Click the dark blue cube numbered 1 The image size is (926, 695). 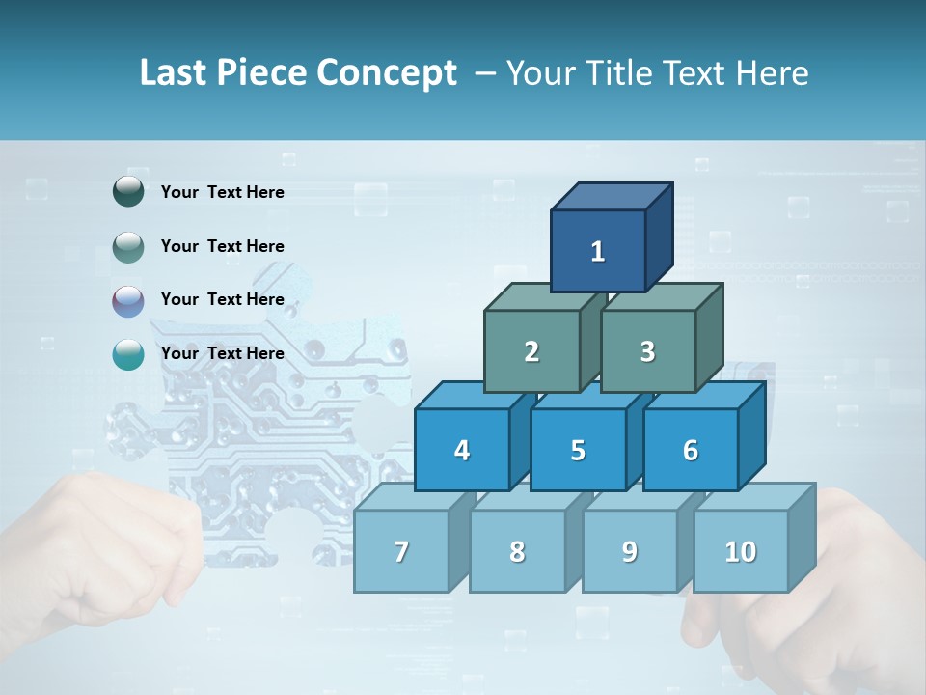598,251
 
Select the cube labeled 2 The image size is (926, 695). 531,351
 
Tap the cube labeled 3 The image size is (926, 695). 647,351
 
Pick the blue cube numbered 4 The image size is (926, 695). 462,450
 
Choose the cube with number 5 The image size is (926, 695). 578,450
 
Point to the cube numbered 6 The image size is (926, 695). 690,450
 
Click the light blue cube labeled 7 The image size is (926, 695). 401,551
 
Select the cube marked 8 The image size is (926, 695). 517,551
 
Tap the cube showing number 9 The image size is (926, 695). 629,551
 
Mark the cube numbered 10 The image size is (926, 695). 741,551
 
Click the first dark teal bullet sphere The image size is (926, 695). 128,192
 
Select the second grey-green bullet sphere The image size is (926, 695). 128,246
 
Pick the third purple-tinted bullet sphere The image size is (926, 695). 128,300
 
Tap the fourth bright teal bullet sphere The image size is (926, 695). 128,354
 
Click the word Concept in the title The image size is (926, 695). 387,72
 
